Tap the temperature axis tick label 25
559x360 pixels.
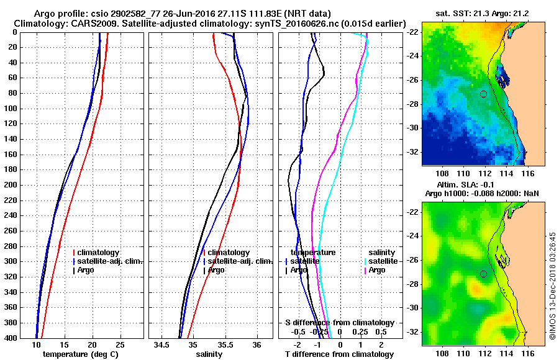click(x=120, y=345)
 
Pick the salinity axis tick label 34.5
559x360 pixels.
click(x=162, y=345)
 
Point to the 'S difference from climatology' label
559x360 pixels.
click(x=340, y=323)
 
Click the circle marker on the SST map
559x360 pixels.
click(x=483, y=94)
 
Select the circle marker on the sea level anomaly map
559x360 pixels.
click(x=483, y=274)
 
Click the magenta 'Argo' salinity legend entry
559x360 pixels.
click(x=377, y=270)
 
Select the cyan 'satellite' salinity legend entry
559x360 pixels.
click(x=383, y=261)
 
